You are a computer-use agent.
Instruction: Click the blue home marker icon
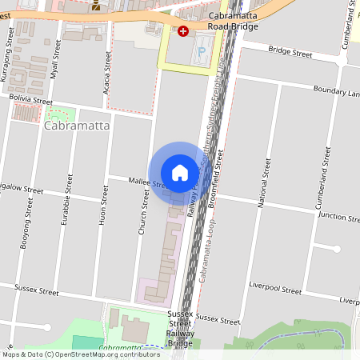point(180,173)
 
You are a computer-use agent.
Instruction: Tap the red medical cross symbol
point(183,31)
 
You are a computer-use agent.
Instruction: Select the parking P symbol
point(202,50)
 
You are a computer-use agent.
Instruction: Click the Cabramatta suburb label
point(78,126)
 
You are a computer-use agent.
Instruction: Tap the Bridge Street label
point(290,52)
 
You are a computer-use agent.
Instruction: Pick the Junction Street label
point(337,216)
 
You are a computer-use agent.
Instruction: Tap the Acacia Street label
point(106,74)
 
